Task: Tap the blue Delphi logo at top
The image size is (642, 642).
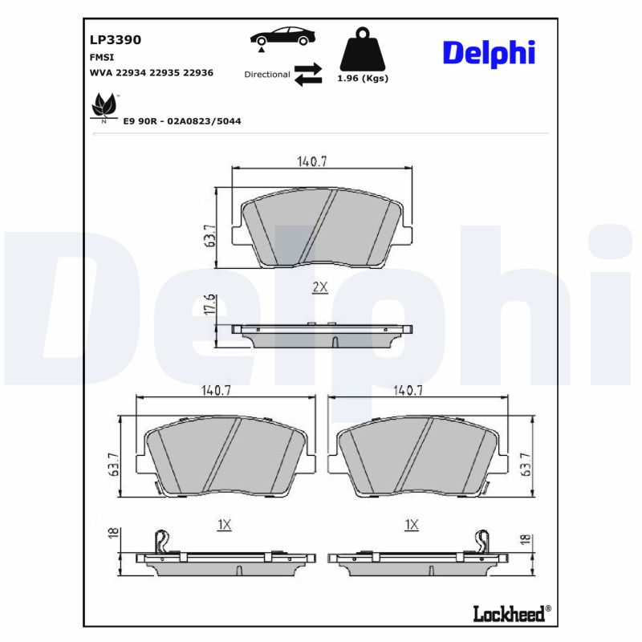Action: click(x=488, y=53)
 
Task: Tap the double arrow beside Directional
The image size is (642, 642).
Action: click(x=307, y=74)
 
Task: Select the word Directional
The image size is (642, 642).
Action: click(x=267, y=74)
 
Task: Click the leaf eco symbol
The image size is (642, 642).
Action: click(x=104, y=106)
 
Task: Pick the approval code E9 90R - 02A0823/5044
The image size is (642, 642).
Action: click(x=181, y=120)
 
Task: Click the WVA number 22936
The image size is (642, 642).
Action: click(x=197, y=72)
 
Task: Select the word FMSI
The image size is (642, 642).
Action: click(x=100, y=58)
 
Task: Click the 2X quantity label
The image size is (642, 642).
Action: click(x=319, y=287)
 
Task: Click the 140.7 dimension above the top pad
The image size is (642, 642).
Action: click(x=312, y=161)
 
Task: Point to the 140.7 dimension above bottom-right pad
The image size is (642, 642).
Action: click(x=408, y=391)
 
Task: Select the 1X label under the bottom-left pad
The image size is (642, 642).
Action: click(x=224, y=524)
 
